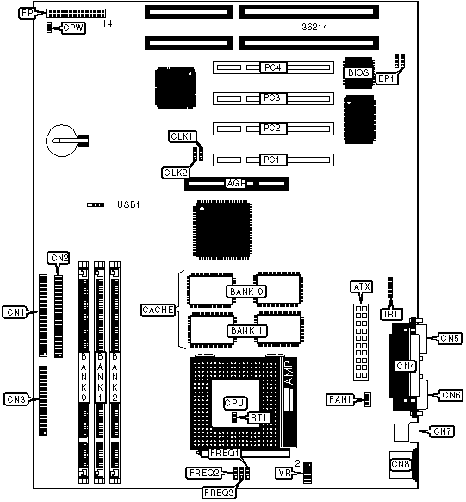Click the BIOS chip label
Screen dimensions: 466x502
pyautogui.click(x=358, y=72)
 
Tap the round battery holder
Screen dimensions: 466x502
pyautogui.click(x=62, y=141)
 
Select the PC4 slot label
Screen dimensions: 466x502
pyautogui.click(x=273, y=67)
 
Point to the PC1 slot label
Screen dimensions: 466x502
pyautogui.click(x=271, y=160)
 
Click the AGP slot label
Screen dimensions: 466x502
pyautogui.click(x=236, y=183)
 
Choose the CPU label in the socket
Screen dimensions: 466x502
pyautogui.click(x=235, y=403)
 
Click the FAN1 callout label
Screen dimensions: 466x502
pyautogui.click(x=339, y=399)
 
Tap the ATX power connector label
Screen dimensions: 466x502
pyautogui.click(x=362, y=287)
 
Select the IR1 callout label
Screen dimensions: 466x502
pyautogui.click(x=391, y=314)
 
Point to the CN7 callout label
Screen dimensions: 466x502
pyautogui.click(x=442, y=431)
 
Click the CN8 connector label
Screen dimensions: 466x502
pyautogui.click(x=401, y=464)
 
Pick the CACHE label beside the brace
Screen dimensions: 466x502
pyautogui.click(x=158, y=310)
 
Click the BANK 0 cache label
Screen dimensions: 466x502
pyautogui.click(x=246, y=292)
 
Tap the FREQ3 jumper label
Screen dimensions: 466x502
pyautogui.click(x=219, y=493)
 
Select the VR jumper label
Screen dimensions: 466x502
pyautogui.click(x=284, y=473)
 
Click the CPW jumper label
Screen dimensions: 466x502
pyautogui.click(x=73, y=28)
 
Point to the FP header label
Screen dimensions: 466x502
pyautogui.click(x=28, y=14)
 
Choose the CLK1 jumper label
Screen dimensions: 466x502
pyautogui.click(x=183, y=136)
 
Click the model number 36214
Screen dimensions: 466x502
pyautogui.click(x=314, y=27)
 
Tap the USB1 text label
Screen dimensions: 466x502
pyautogui.click(x=128, y=204)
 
